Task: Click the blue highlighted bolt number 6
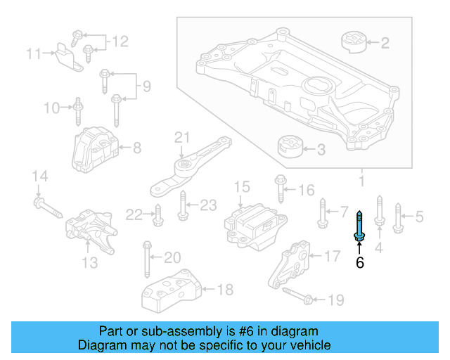(359, 229)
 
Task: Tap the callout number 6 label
(359, 263)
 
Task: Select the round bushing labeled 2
(354, 42)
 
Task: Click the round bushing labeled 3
(288, 147)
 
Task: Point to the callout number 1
(361, 184)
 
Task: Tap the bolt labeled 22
(157, 214)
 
